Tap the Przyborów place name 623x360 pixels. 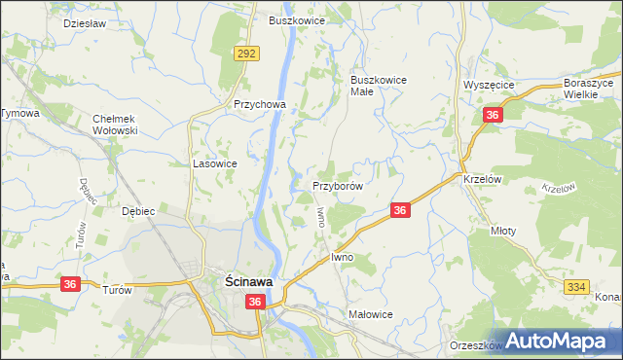338,185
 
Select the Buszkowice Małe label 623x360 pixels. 379,86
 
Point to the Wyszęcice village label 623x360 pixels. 489,85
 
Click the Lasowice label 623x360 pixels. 215,164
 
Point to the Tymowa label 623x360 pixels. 19,114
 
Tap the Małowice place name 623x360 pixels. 370,314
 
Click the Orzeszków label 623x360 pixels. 475,345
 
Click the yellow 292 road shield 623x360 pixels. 245,54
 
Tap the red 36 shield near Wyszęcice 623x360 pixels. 493,116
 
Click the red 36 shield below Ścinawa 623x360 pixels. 255,304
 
